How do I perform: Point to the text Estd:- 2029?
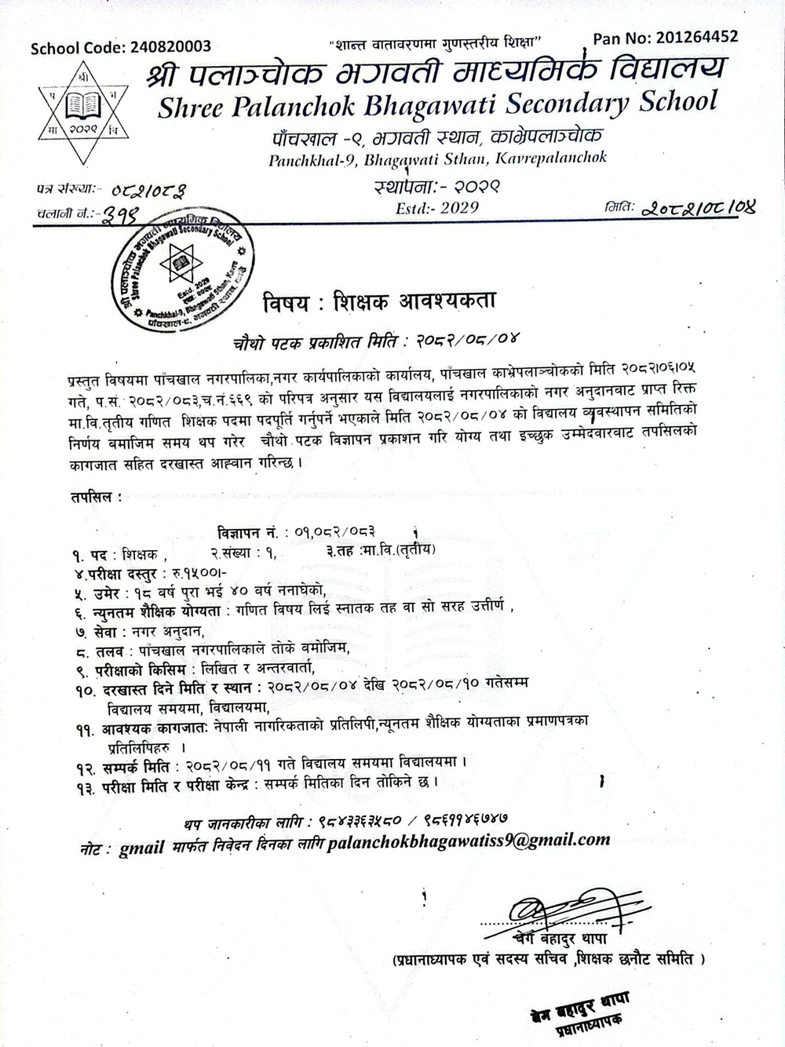(437, 208)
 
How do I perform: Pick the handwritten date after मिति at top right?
(698, 208)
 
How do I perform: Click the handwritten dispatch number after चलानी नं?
(117, 213)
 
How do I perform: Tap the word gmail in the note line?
(141, 848)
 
